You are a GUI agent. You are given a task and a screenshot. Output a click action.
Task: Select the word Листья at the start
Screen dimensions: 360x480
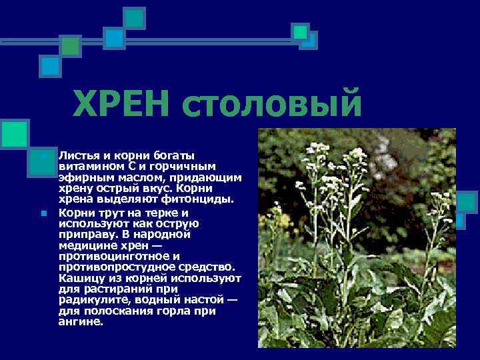[77, 155]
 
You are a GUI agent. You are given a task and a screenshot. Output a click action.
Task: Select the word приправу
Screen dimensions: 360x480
[88, 234]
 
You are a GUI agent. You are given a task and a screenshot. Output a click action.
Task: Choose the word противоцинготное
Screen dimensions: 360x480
[109, 256]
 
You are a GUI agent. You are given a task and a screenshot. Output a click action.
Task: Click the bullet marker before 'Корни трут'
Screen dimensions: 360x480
[43, 213]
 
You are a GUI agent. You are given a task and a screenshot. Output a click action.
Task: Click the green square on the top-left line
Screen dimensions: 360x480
[70, 45]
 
